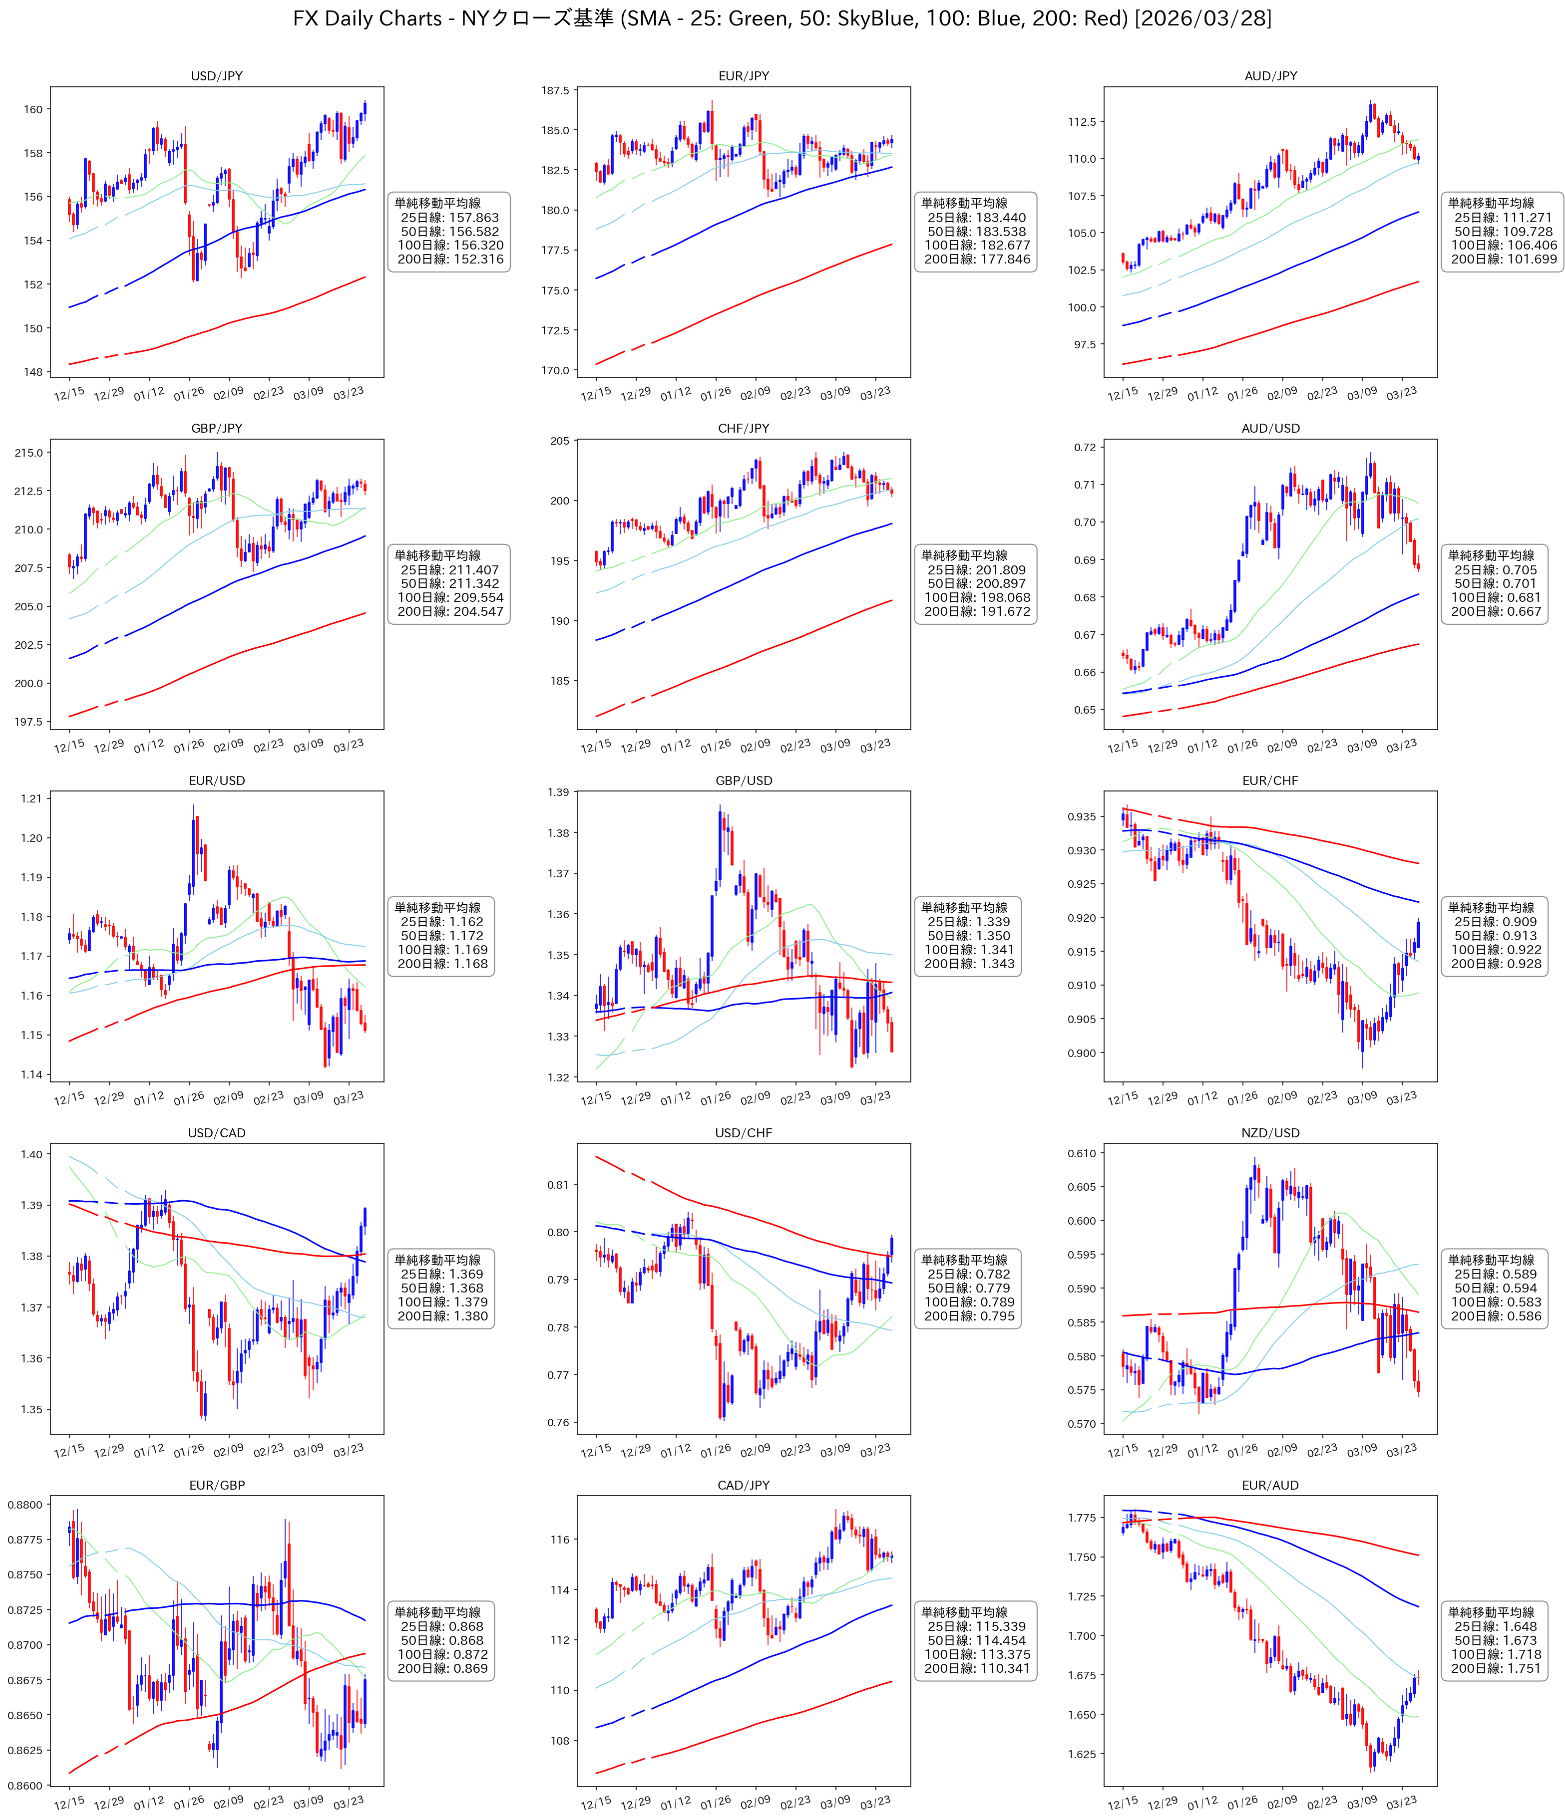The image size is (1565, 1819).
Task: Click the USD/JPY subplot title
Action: click(216, 76)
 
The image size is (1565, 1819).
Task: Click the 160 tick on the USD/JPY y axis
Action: click(32, 110)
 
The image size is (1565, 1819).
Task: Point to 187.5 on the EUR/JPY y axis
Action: click(555, 90)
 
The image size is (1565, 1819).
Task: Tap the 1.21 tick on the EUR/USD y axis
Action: click(31, 799)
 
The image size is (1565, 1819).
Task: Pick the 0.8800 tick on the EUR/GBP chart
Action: click(24, 1505)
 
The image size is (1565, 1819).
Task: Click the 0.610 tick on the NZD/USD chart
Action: click(1082, 1154)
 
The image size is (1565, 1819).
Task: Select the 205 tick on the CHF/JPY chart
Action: click(560, 441)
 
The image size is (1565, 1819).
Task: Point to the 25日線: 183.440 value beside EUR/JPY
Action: click(977, 218)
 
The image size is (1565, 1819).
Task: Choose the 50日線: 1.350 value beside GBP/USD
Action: click(969, 936)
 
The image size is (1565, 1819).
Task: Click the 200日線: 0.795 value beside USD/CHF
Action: click(969, 1316)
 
